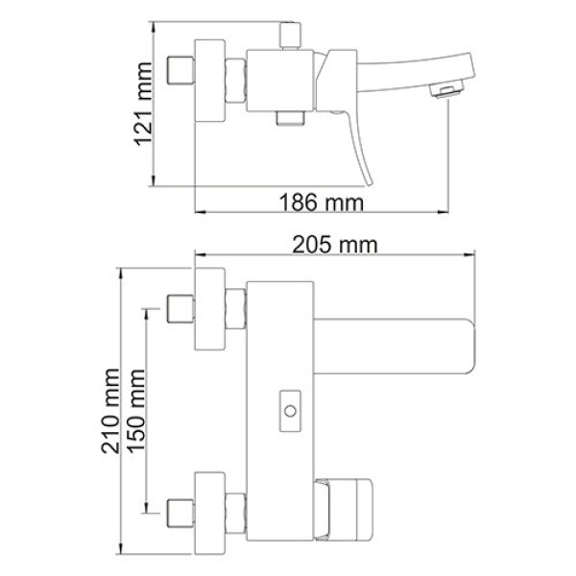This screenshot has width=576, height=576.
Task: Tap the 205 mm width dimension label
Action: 335,245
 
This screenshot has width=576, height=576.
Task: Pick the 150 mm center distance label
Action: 136,410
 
